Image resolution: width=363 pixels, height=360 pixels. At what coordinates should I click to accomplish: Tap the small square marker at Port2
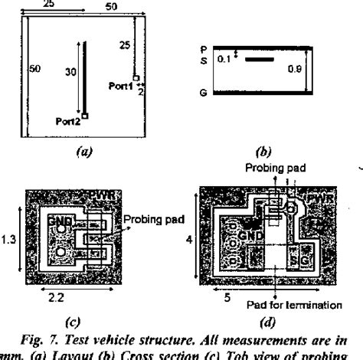[x=85, y=116]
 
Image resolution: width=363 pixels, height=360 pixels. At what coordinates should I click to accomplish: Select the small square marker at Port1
[x=135, y=79]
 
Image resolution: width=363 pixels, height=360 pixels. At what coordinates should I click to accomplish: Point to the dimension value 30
[x=71, y=73]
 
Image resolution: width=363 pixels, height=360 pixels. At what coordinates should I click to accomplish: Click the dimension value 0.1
[x=221, y=57]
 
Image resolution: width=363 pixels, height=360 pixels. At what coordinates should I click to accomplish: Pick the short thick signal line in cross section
[x=259, y=58]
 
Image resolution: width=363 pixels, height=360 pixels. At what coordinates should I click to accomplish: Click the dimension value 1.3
[x=10, y=240]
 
